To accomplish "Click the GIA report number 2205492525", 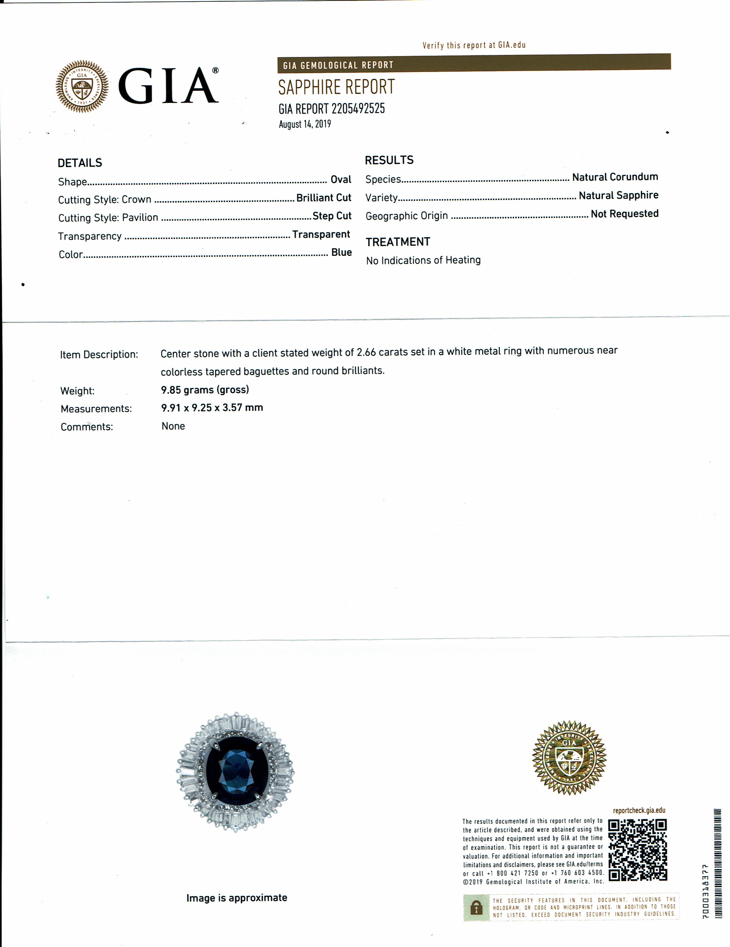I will pos(358,108).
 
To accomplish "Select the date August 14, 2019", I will pos(305,124).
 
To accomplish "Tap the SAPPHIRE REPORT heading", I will pos(336,87).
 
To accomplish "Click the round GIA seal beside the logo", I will pos(82,86).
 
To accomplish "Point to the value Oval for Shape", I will pos(341,180).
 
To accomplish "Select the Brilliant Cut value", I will pos(323,198).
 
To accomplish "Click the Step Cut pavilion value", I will pos(332,216).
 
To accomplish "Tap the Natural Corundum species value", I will pos(615,177).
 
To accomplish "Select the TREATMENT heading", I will pos(398,242).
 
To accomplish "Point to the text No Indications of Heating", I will pos(423,260).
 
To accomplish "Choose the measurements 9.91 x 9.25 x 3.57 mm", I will pos(212,408).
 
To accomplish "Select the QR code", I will pos(637,850).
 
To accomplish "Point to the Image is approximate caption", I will pos(237,898).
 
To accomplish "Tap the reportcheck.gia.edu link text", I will pos(639,811).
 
